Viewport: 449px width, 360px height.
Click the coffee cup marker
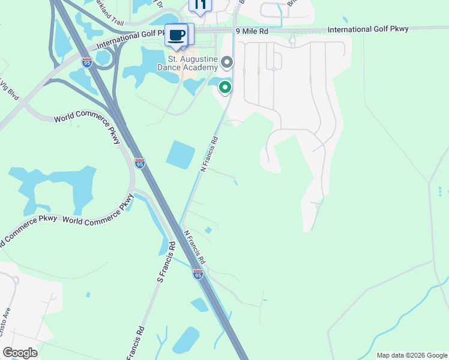pos(176,35)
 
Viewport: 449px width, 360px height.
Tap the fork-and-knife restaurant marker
pos(200,5)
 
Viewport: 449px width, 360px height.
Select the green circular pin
pos(225,88)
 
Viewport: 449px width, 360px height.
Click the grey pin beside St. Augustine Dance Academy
pos(227,62)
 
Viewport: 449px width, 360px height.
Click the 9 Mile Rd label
pos(252,31)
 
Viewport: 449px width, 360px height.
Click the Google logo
pos(20,353)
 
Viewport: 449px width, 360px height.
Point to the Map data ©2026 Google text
pos(411,355)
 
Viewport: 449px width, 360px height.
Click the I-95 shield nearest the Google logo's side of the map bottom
pos(198,274)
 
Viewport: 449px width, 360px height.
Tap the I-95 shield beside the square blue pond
pos(139,163)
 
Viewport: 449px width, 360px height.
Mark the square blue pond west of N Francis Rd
pos(180,154)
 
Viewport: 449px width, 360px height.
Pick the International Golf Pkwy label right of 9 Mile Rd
pos(368,29)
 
